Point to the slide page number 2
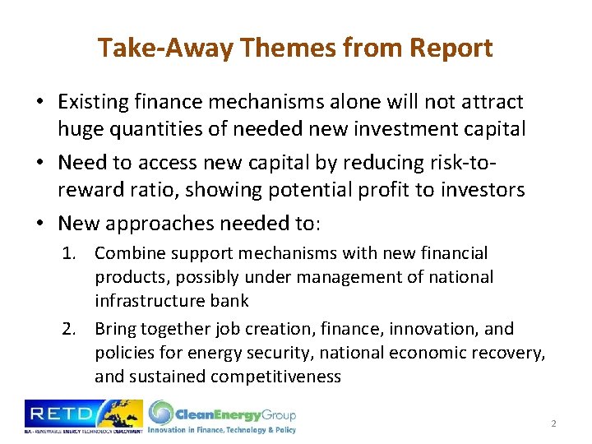pyautogui.click(x=554, y=423)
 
